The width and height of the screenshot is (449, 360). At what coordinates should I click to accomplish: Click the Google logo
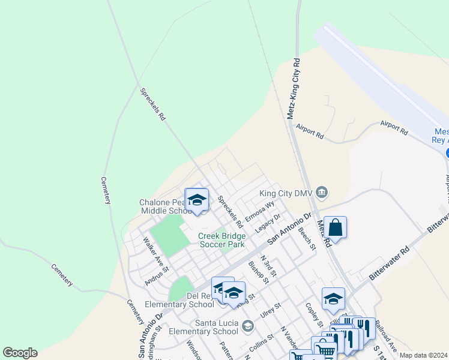pos(20,353)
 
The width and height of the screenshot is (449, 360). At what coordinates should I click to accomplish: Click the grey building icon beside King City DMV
pos(322,192)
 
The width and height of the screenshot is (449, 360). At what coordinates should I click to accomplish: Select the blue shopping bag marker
pos(336,228)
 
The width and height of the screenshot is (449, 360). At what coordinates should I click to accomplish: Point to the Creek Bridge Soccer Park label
pos(221,240)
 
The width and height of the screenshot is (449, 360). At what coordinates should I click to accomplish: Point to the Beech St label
pos(307,239)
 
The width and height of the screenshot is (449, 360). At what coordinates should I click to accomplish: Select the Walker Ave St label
pos(151,252)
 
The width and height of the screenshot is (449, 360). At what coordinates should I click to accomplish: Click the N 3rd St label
pos(268,265)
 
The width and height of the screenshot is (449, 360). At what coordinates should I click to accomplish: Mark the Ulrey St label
pos(271,313)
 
